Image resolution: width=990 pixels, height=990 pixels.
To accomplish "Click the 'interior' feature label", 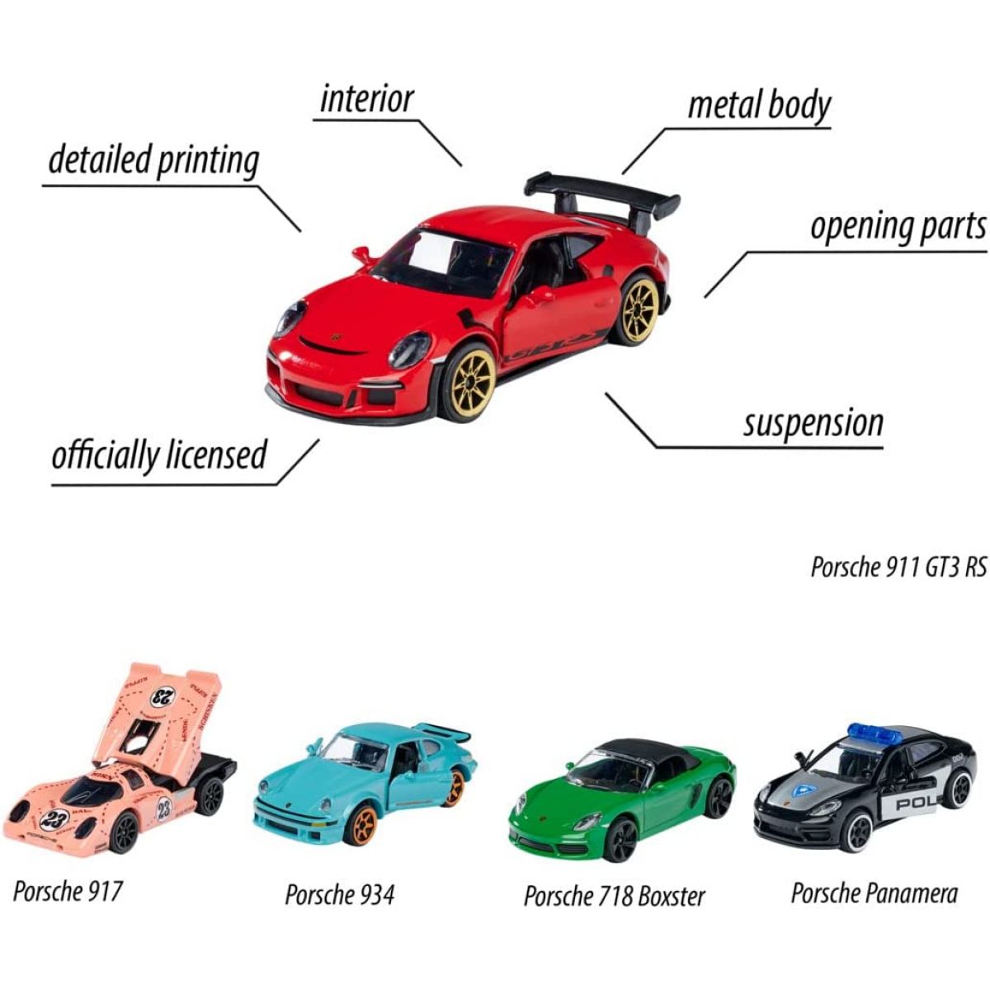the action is coord(366,99).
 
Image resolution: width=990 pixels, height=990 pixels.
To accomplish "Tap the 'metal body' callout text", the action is coord(759,106).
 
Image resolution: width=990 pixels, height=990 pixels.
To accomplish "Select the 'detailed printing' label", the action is coord(153,160).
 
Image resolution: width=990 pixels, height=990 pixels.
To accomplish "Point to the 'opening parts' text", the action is coord(898,227).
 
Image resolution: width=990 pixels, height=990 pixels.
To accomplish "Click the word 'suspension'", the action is coord(813,423).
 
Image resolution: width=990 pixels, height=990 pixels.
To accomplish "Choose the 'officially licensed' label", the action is coord(159,455).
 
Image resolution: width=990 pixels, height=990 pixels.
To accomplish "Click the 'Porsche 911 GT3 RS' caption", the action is coord(898,568).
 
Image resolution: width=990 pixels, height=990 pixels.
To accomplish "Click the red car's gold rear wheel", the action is coord(639,310).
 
